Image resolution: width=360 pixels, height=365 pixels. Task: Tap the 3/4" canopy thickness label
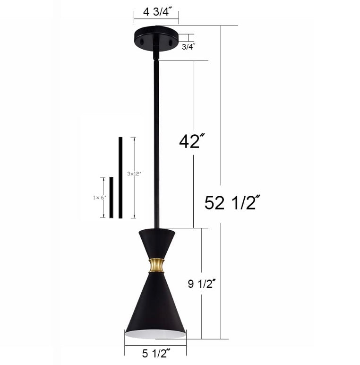[x=189, y=47]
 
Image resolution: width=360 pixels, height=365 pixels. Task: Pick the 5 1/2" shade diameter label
[x=155, y=352]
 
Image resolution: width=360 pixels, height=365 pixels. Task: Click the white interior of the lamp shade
[x=156, y=334]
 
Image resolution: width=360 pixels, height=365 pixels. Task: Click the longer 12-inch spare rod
[x=120, y=178]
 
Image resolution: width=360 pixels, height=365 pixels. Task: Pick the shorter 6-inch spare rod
[x=111, y=198]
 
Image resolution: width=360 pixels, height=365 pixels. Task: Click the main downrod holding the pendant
[x=155, y=142]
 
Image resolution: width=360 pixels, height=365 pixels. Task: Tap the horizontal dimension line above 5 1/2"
[x=155, y=345]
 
